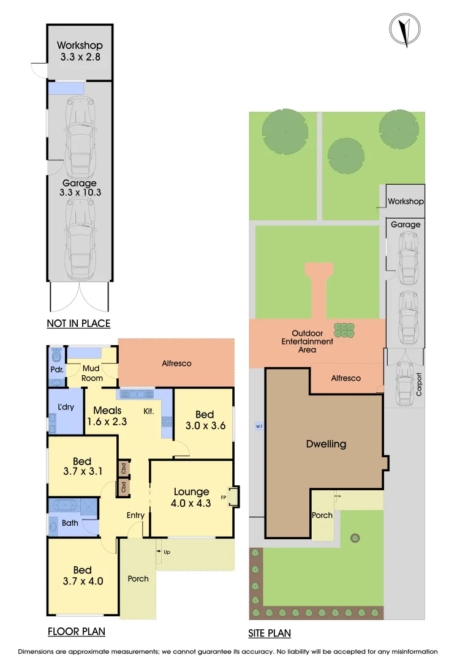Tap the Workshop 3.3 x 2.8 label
click(80, 51)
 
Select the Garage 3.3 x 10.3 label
click(80, 187)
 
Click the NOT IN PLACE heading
click(78, 323)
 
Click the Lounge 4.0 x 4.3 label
click(191, 497)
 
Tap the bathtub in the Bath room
click(64, 506)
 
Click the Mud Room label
click(92, 373)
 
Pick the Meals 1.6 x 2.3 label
click(107, 416)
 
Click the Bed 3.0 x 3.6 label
click(203, 420)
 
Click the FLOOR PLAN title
click(76, 631)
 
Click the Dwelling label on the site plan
click(326, 444)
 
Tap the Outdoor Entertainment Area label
click(308, 345)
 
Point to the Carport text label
click(420, 384)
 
